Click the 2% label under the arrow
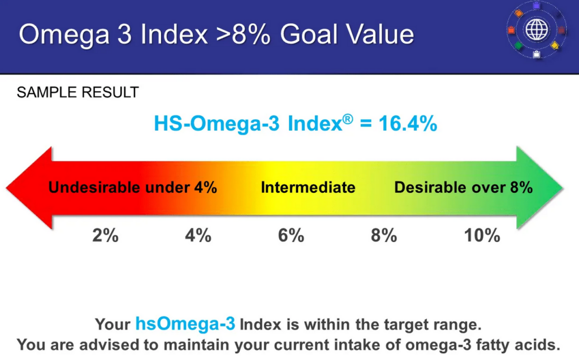point(105,235)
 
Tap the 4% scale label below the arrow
point(198,235)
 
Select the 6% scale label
point(291,235)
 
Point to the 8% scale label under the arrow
point(384,235)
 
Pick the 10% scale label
point(482,235)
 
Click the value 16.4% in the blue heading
point(408,123)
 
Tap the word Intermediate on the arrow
point(308,188)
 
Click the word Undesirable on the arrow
point(94,188)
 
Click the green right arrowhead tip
point(563,188)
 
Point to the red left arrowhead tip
point(7,188)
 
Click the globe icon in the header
point(536,30)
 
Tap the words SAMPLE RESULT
point(77,92)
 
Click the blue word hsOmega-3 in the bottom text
point(185,324)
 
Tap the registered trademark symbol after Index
point(348,119)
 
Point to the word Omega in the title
point(64,35)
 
